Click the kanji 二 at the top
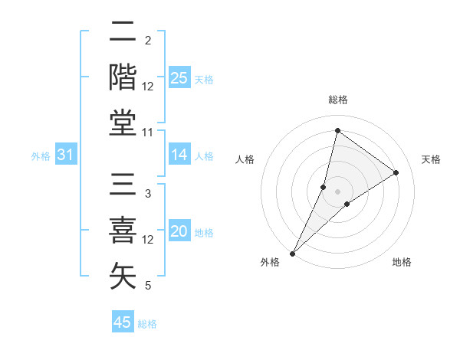pos(123,31)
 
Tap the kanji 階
pos(123,77)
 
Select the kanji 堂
pos(123,123)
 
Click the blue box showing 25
pos(179,77)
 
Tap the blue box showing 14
pos(179,155)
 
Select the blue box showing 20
pos(179,232)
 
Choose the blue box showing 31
pos(66,155)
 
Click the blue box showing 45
pos(123,322)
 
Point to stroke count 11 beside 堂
pos(149,133)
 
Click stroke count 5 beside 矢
pos(148,286)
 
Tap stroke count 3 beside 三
pos(148,194)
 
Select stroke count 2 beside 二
pos(148,41)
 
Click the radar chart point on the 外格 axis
pos(292,253)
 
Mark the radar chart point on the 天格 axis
pos(396,172)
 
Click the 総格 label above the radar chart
pos(337,100)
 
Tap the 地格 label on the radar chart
pos(402,262)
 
